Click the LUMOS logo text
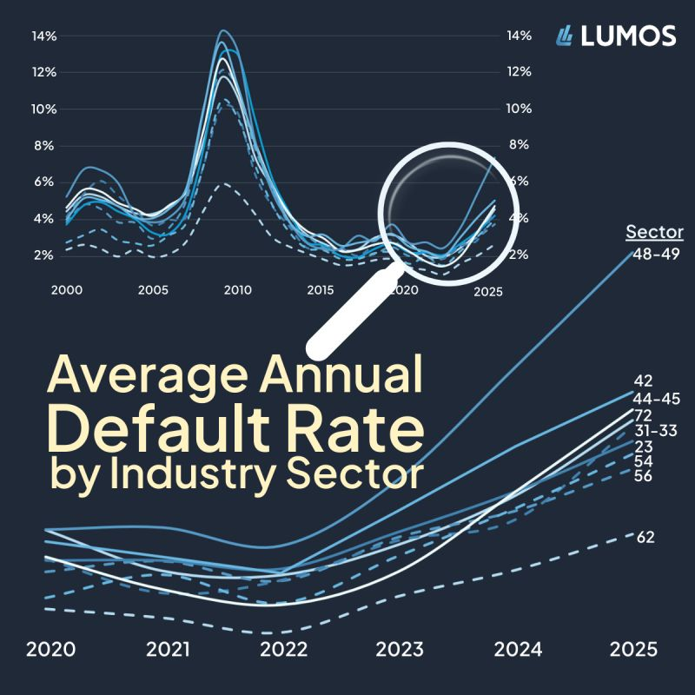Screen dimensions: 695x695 (x=628, y=36)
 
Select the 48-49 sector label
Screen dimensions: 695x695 (x=656, y=253)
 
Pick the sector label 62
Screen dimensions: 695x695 (x=645, y=538)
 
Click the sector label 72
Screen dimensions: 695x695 (x=644, y=415)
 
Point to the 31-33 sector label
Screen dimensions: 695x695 (x=656, y=430)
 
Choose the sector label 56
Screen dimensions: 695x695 (x=644, y=476)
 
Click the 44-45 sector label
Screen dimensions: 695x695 (x=656, y=399)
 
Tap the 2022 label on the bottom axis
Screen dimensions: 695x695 (x=283, y=650)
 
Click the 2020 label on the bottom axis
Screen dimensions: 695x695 (x=50, y=650)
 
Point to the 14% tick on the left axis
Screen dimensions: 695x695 (x=44, y=36)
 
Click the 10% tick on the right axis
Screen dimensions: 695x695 (x=519, y=109)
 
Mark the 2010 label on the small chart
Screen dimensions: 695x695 (x=237, y=289)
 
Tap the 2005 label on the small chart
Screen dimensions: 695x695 (x=153, y=289)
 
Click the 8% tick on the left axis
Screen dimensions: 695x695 (x=44, y=145)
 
